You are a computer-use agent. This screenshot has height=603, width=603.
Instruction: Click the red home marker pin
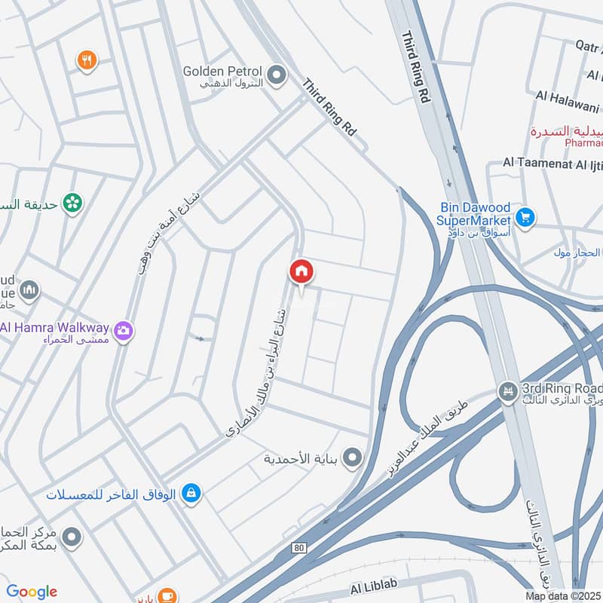click(x=301, y=271)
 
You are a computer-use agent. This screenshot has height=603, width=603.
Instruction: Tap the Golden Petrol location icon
click(x=277, y=73)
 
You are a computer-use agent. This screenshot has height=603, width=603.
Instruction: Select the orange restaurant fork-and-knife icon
click(x=87, y=60)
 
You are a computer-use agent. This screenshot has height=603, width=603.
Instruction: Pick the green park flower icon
click(x=72, y=202)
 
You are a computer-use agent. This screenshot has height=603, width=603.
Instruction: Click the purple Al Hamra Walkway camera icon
click(x=123, y=329)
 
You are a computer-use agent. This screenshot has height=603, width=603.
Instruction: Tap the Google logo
click(x=32, y=592)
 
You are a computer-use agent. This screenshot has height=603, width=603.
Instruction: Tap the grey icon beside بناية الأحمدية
click(x=351, y=457)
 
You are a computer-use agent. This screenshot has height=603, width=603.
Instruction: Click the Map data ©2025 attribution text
click(x=564, y=596)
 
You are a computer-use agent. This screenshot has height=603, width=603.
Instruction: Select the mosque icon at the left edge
click(x=29, y=290)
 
